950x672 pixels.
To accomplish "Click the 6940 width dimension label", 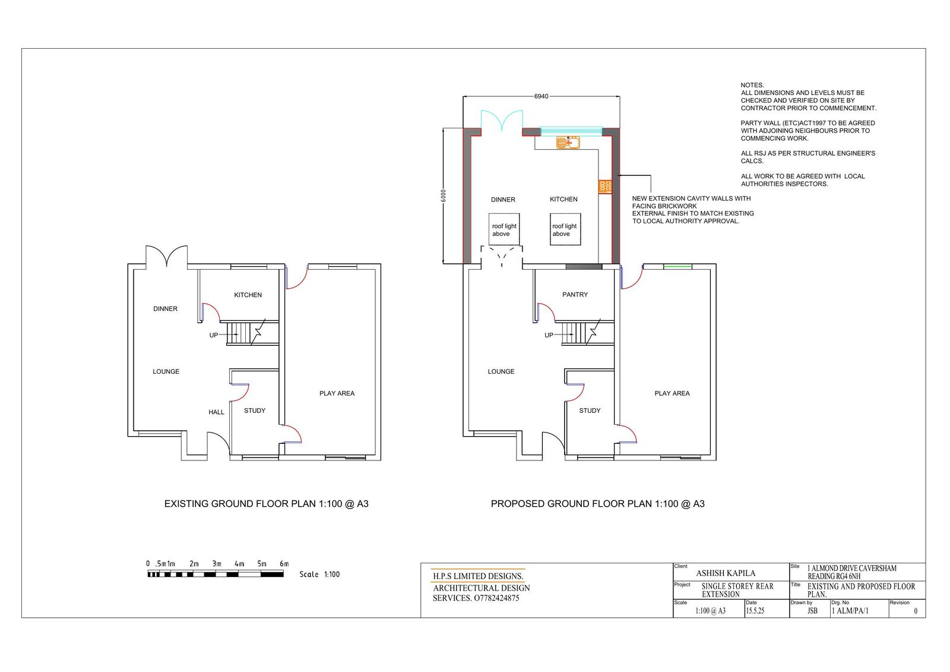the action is [541, 96].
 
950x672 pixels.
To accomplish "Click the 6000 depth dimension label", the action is [443, 195].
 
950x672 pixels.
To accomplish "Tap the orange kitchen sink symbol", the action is [568, 143].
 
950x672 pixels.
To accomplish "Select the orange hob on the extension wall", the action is [605, 187].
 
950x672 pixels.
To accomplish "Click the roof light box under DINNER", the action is [504, 229].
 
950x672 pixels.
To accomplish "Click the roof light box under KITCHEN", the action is [565, 229].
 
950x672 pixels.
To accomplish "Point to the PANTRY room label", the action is [575, 295].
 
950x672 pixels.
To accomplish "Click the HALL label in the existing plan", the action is [216, 412].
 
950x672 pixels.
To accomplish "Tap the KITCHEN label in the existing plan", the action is [248, 295].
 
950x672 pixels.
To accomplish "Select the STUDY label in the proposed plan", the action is [590, 411].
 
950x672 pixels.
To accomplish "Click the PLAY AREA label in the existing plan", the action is [337, 393].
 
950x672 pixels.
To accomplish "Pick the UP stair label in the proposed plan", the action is [549, 335].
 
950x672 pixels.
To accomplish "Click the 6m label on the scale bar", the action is [284, 564].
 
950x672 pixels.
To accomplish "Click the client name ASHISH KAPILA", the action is [726, 573].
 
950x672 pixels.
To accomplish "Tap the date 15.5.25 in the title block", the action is [755, 611].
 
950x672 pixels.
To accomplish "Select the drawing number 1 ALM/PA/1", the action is [850, 611].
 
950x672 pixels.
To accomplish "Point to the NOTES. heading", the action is [752, 86].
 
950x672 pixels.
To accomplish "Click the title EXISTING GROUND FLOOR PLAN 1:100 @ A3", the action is [267, 504].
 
